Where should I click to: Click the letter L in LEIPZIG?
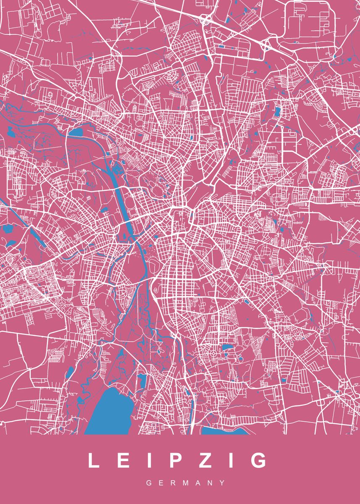point(93,461)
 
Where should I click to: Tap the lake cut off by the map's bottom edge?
point(221,431)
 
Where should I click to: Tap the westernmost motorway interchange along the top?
point(205,19)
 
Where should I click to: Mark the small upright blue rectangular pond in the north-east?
point(277,112)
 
